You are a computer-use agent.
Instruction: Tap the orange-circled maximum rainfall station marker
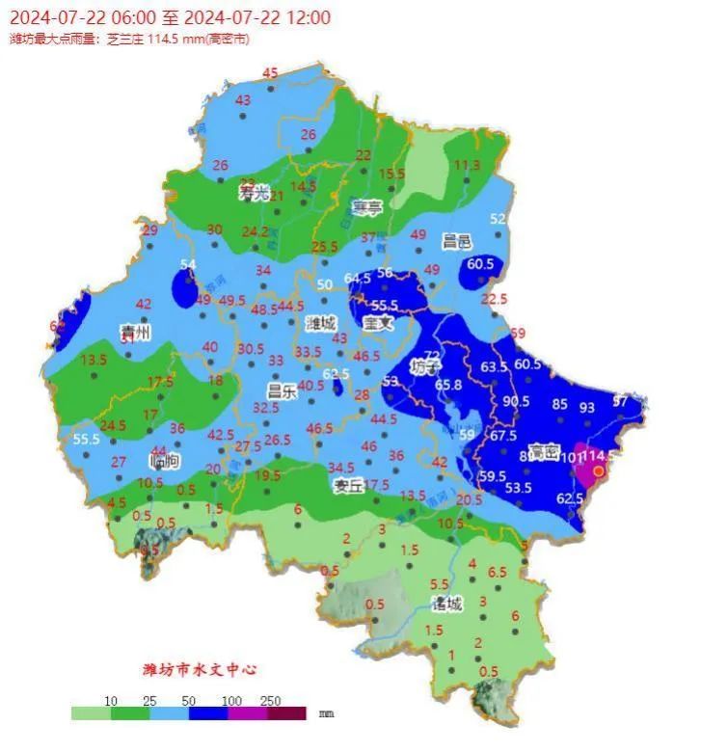tap(599, 471)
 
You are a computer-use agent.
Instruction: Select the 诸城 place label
tap(446, 605)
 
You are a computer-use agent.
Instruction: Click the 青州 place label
tap(134, 332)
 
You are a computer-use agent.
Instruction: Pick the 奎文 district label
tap(378, 324)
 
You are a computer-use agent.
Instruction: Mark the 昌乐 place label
tap(282, 390)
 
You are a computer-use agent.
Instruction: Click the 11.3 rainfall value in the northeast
tap(467, 165)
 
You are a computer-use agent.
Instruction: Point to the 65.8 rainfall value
tap(447, 385)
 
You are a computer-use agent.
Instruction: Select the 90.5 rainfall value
tap(516, 401)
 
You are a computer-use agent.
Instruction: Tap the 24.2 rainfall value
tap(255, 231)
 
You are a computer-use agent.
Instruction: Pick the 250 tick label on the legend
tap(270, 701)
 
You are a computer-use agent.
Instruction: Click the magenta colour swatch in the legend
tap(246, 713)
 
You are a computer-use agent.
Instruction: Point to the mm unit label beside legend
tap(326, 713)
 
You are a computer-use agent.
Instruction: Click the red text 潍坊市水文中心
tap(200, 669)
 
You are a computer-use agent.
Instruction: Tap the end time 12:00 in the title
tap(309, 17)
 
